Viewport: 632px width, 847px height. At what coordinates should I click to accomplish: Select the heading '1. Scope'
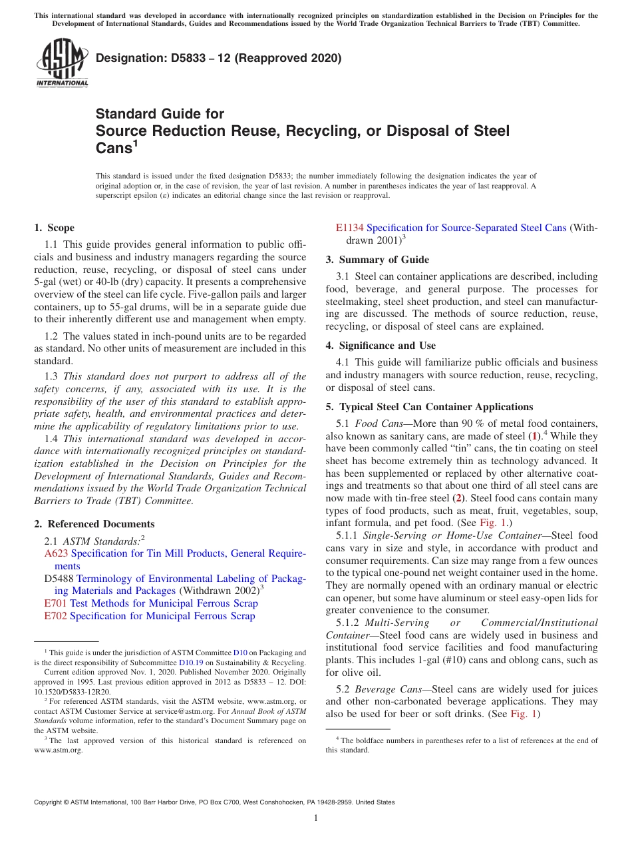point(54,228)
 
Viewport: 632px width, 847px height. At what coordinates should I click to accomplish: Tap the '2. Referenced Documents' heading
point(94,524)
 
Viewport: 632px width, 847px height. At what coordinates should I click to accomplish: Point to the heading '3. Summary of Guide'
point(377,260)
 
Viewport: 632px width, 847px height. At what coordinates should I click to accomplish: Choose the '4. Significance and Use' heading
point(381,346)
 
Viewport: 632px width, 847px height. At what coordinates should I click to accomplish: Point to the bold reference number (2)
point(458,498)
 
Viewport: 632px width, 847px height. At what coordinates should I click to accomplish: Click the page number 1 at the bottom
point(316,818)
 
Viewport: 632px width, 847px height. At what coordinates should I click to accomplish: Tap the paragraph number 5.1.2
point(350,623)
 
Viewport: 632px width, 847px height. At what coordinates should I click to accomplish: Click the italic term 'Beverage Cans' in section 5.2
point(387,689)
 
